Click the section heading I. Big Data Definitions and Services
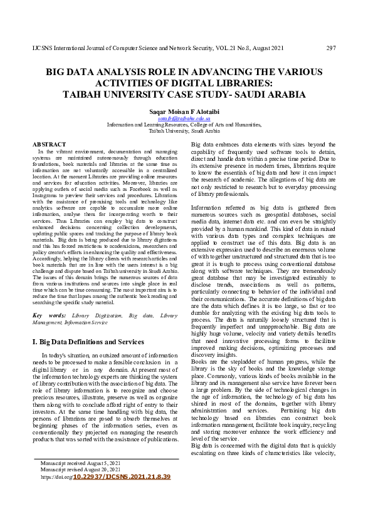[88, 342]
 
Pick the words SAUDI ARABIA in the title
[275, 95]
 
